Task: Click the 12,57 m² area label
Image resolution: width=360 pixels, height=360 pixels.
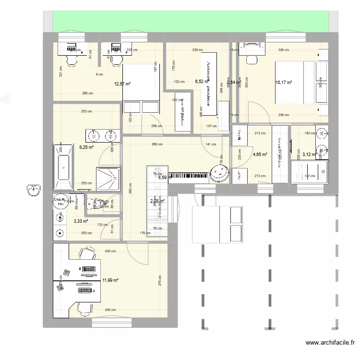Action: click(122, 84)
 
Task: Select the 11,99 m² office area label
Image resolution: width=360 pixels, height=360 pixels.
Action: click(110, 280)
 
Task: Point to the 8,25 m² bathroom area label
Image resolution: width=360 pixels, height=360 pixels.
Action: click(86, 148)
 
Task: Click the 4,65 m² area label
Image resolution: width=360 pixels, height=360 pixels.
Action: click(260, 155)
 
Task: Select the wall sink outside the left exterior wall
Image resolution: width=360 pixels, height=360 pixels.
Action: click(33, 191)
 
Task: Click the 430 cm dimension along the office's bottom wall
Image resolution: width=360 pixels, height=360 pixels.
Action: click(110, 310)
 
